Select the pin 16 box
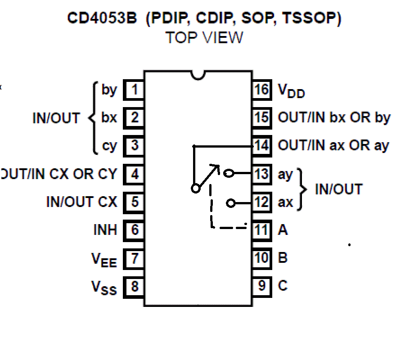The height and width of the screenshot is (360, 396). coord(261,90)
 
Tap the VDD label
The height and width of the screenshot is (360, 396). coord(291,91)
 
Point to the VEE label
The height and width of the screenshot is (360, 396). coord(104,259)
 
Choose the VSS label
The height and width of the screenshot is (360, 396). coord(104,287)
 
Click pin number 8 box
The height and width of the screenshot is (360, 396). coord(134,286)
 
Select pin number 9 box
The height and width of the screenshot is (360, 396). coord(261,286)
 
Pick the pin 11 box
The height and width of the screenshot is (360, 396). coord(261,230)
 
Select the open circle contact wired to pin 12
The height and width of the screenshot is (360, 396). coord(231,203)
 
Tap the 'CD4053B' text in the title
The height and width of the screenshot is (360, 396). coord(102,18)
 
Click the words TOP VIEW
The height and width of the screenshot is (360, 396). coord(204,38)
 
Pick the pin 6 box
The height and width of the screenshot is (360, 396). coord(134,230)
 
